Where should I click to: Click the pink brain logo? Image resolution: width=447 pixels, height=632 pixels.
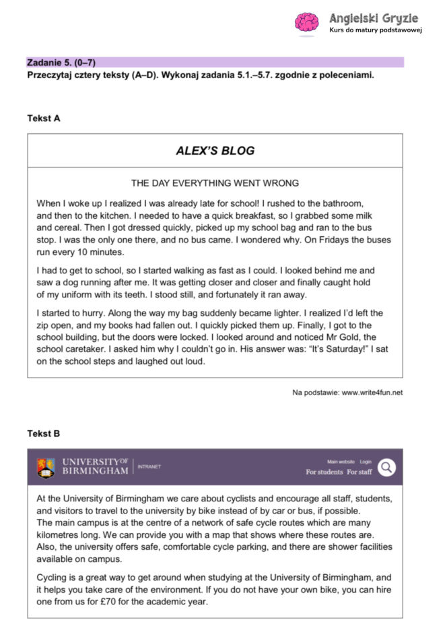[306, 22]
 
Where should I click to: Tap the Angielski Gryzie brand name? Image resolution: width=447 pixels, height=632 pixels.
[374, 18]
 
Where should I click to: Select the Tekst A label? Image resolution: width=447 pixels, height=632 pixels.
[44, 118]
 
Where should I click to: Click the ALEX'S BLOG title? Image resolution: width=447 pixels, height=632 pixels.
[215, 151]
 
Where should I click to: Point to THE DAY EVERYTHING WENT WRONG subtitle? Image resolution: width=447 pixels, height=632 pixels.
[215, 183]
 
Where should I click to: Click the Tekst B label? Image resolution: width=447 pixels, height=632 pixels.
[44, 433]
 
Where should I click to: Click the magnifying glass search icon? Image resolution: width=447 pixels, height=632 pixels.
[386, 467]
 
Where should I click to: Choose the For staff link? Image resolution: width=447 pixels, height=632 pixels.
[359, 472]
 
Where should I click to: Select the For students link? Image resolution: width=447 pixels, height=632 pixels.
[324, 472]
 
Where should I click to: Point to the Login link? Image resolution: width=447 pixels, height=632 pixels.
[366, 462]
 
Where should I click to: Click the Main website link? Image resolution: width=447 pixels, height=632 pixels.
[341, 462]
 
